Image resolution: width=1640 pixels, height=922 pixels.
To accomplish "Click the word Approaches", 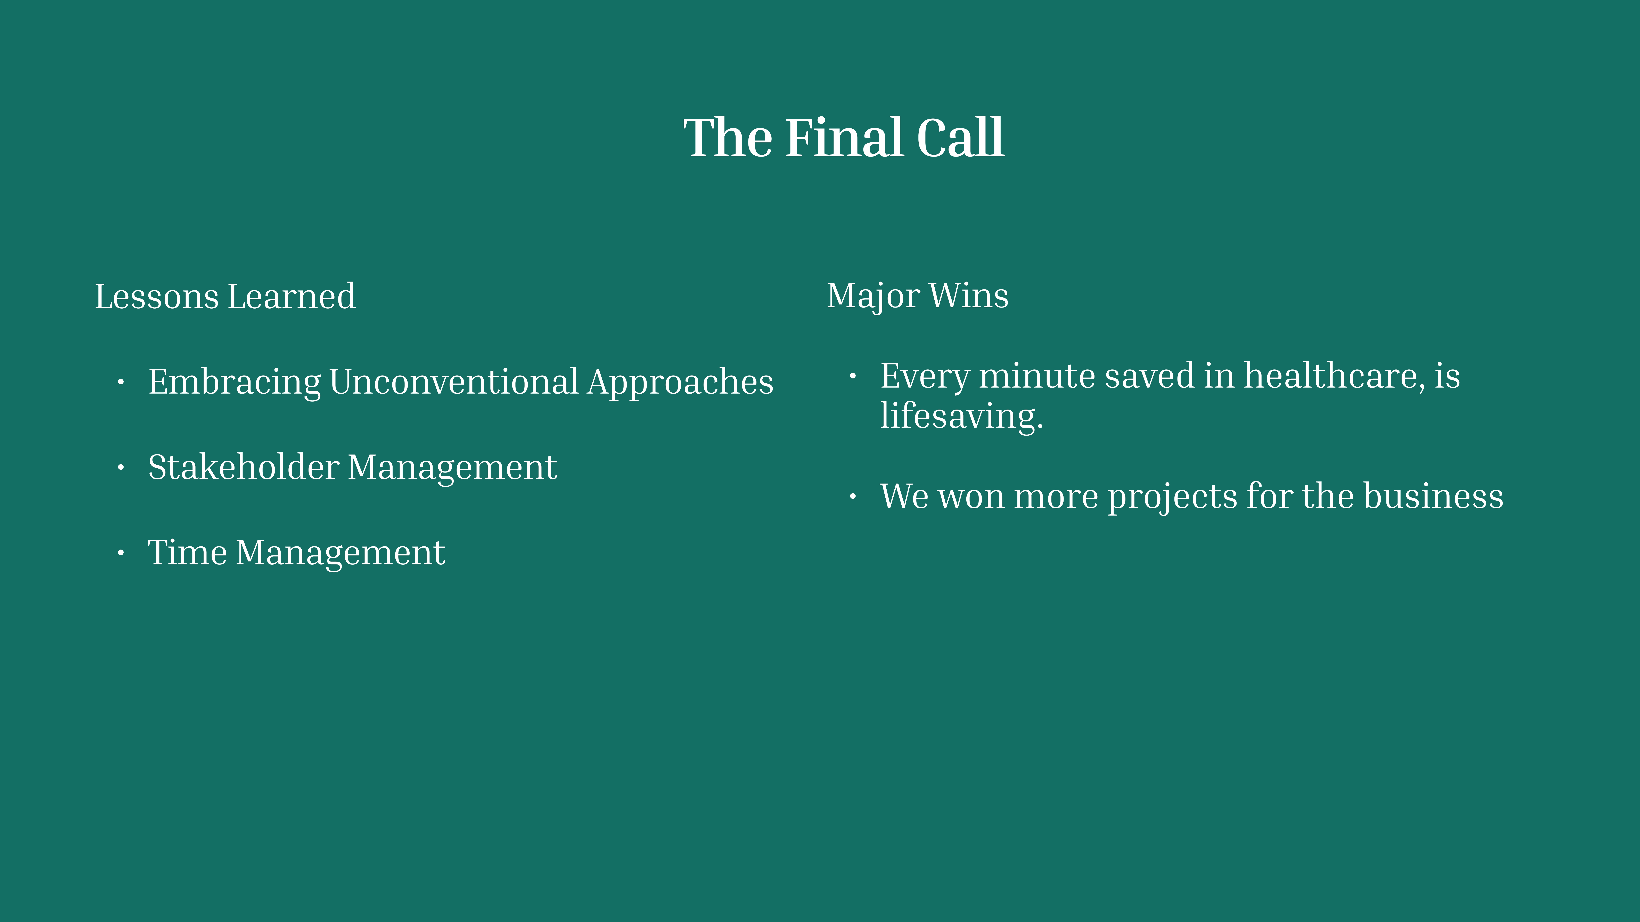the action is [681, 383].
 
